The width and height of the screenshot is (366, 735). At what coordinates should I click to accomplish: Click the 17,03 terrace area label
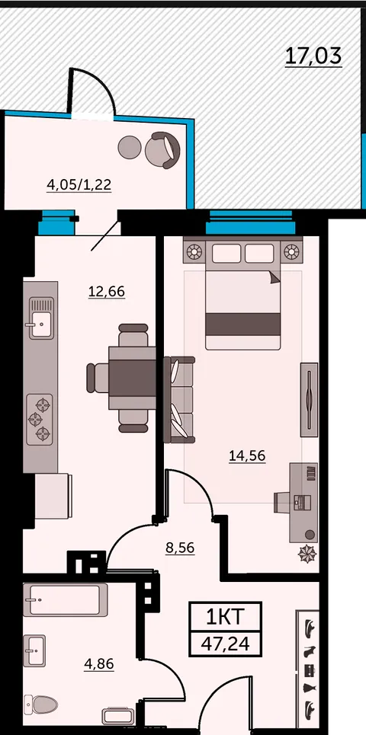(x=313, y=56)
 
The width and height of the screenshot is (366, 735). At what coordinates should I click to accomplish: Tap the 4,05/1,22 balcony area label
(x=79, y=185)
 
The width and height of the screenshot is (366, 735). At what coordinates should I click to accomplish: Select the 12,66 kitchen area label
(x=107, y=292)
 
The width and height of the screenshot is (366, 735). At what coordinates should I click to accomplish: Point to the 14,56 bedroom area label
(x=247, y=455)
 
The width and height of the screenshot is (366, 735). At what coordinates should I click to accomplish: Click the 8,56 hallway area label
(x=180, y=548)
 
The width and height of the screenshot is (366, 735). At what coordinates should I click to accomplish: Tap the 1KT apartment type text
(x=225, y=617)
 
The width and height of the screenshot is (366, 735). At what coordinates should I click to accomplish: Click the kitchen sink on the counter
(x=41, y=318)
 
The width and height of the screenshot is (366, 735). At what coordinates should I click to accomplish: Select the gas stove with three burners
(x=40, y=419)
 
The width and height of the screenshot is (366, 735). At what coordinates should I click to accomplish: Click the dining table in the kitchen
(x=133, y=377)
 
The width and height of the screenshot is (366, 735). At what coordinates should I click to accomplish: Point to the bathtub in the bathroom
(x=66, y=599)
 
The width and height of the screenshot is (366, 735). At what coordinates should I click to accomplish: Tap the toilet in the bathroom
(x=40, y=704)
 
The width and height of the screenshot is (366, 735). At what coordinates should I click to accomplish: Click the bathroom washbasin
(x=35, y=650)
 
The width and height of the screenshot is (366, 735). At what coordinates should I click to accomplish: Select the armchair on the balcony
(x=162, y=150)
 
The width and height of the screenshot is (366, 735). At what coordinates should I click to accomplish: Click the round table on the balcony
(x=130, y=147)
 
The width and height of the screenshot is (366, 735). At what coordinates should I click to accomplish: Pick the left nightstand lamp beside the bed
(x=194, y=251)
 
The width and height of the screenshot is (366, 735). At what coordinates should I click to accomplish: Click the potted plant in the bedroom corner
(x=308, y=554)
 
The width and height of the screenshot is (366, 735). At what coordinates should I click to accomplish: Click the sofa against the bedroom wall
(x=178, y=400)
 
